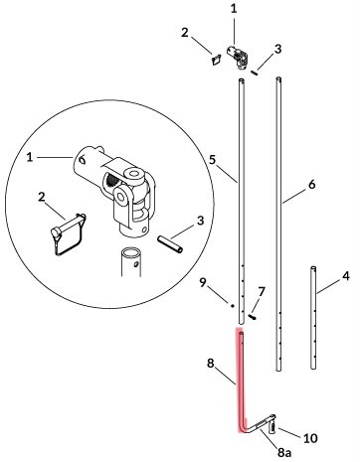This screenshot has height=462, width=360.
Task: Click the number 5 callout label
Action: pyautogui.click(x=213, y=160)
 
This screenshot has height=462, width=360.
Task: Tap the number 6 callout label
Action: pyautogui.click(x=311, y=185)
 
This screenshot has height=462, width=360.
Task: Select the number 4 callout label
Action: pyautogui.click(x=346, y=276)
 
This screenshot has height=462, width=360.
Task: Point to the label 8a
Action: pyautogui.click(x=284, y=451)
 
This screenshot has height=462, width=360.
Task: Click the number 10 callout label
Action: pyautogui.click(x=310, y=438)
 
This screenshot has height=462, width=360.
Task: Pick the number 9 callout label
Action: pyautogui.click(x=203, y=282)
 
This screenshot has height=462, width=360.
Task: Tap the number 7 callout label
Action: pyautogui.click(x=262, y=292)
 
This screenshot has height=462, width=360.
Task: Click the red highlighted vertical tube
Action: pyautogui.click(x=241, y=381)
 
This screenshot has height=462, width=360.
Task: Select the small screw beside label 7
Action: pyautogui.click(x=253, y=317)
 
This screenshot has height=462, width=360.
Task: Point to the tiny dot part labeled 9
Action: pyautogui.click(x=233, y=306)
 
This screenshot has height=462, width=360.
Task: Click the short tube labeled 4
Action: pyautogui.click(x=313, y=317)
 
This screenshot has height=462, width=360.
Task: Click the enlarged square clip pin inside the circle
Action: pyautogui.click(x=68, y=234)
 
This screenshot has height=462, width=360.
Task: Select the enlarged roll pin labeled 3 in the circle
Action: pyautogui.click(x=170, y=244)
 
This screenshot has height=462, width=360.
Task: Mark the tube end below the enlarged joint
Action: pyautogui.click(x=131, y=261)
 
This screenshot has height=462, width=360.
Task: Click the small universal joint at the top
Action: pyautogui.click(x=237, y=58)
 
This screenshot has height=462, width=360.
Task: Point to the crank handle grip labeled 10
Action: pyautogui.click(x=273, y=425)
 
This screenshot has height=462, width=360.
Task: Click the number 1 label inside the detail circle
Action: pyautogui.click(x=30, y=157)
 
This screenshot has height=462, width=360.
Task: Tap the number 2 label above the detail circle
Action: pyautogui.click(x=185, y=33)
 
